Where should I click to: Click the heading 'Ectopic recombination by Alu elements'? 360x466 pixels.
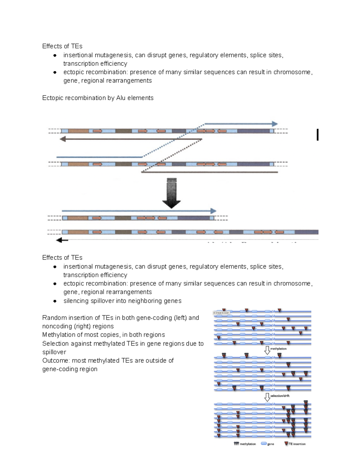coord(98,98)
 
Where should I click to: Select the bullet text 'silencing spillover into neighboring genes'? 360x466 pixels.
coord(122,301)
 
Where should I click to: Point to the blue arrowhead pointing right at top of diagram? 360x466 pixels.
coord(274,124)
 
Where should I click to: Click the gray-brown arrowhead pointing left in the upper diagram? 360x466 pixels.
coord(63,139)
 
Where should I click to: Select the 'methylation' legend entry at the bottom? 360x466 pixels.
coord(245,444)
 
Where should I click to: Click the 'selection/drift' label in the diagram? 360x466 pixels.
coord(280,396)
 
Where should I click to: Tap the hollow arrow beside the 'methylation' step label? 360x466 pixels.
coord(267,350)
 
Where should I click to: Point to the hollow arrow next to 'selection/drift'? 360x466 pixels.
coord(267,397)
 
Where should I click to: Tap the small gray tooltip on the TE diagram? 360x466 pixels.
coord(221,313)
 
